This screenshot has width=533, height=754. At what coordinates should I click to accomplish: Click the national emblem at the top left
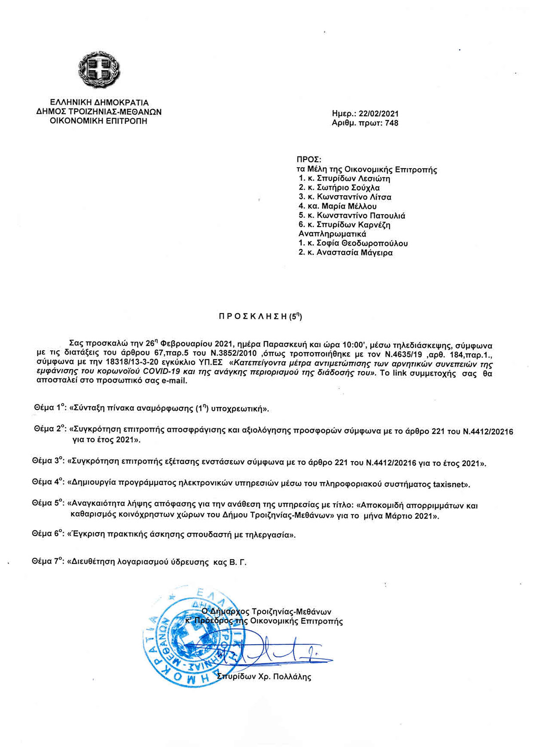click(99, 71)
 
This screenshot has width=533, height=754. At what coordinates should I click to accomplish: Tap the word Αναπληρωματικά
click(332, 234)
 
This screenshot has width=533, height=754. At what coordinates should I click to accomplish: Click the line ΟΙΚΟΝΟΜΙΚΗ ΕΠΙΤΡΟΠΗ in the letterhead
click(99, 121)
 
